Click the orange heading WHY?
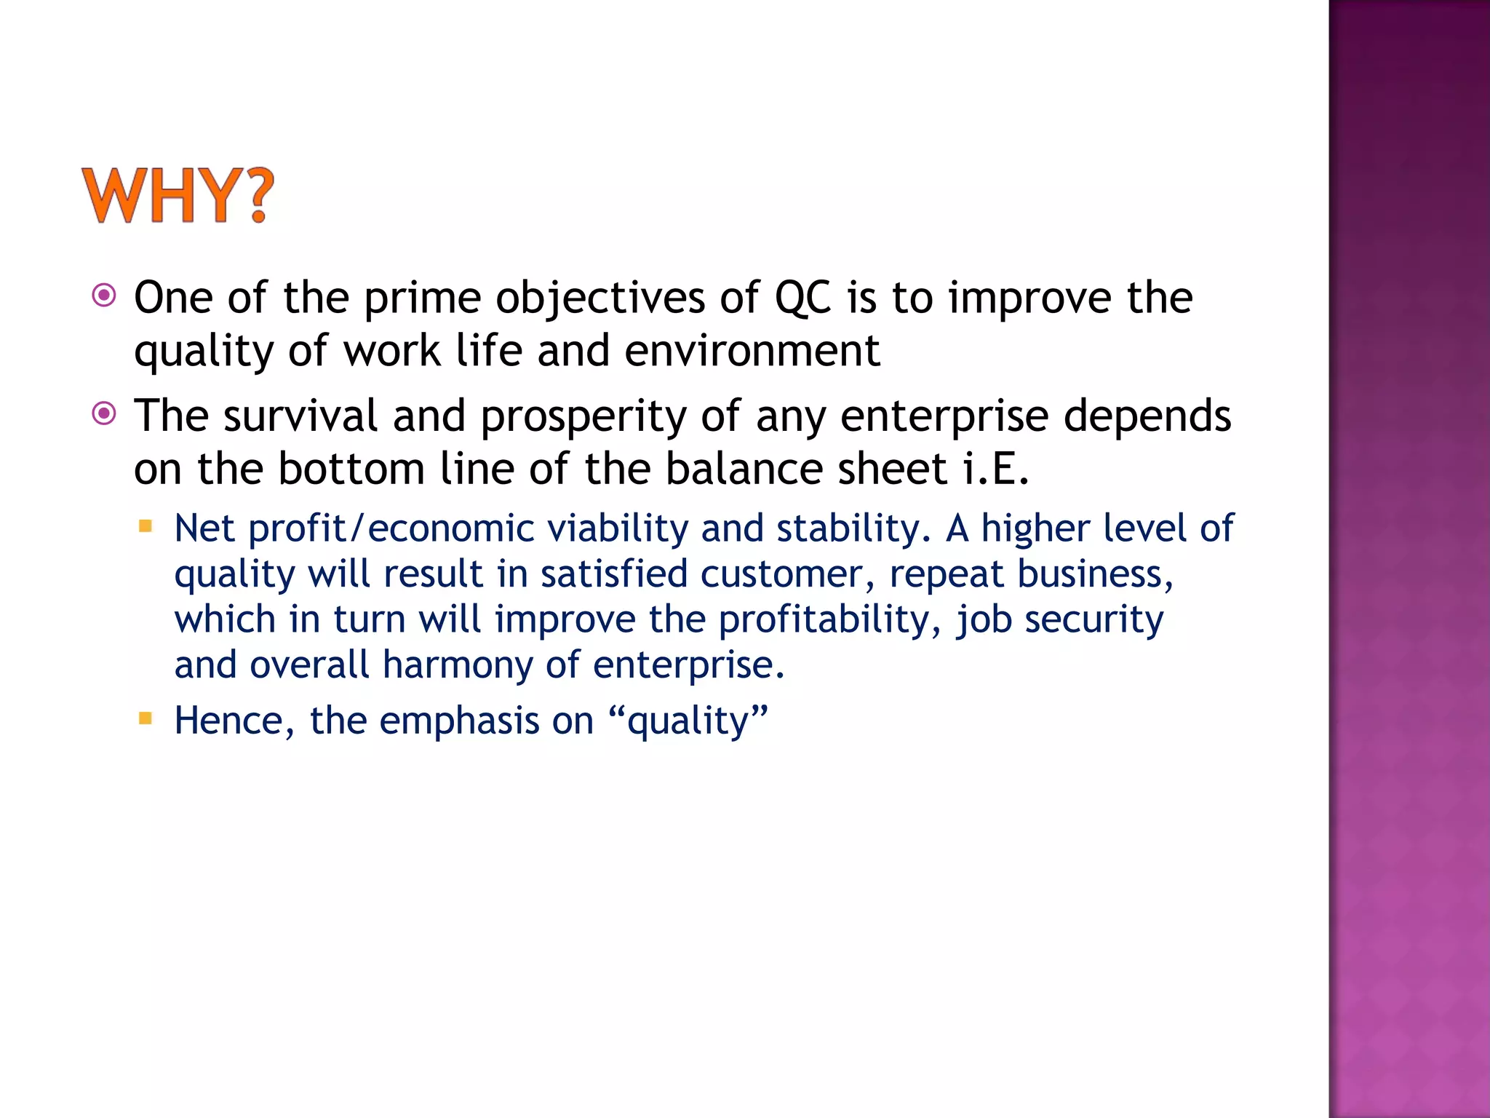(178, 195)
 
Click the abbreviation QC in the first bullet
(802, 298)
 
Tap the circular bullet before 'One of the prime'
(104, 296)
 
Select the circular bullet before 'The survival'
(104, 414)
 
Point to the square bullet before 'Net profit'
(146, 526)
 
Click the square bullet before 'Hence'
(146, 718)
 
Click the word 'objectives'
(600, 298)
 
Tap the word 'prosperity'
(583, 417)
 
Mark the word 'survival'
(300, 417)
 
